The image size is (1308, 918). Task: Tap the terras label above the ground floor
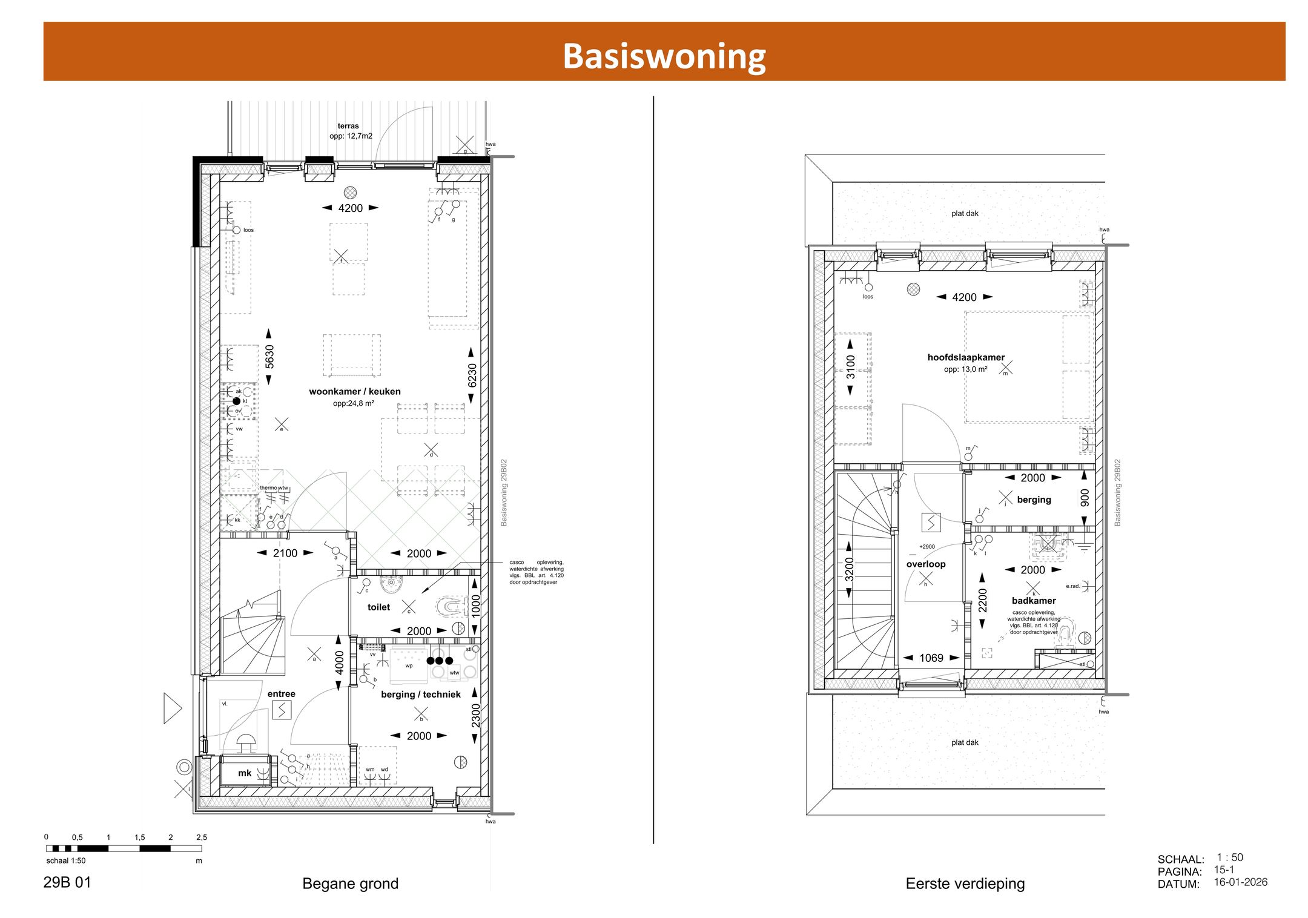coord(348,126)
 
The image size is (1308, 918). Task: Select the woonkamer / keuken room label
coord(355,391)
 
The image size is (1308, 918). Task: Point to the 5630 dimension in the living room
coord(269,357)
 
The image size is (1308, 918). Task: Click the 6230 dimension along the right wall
coord(472,375)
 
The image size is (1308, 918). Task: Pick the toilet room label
coord(378,607)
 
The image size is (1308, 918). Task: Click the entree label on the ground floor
coord(282,694)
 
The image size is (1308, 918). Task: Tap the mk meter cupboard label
coord(245,773)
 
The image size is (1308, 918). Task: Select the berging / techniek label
coord(421,694)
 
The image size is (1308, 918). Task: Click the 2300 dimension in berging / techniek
coord(476,716)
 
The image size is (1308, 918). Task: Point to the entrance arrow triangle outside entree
coord(172,708)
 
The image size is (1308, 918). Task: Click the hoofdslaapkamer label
coord(966,357)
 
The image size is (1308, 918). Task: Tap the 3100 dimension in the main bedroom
coord(851,367)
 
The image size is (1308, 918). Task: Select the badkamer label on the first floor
coord(1034,601)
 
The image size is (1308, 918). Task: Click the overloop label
coord(926,564)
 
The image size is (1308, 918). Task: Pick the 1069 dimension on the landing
coord(931,658)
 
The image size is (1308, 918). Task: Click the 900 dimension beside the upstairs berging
coord(1085,498)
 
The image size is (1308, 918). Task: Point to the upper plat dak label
coord(965,213)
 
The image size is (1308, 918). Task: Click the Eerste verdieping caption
coord(965,883)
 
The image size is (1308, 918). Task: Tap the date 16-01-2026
coord(1240,882)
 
